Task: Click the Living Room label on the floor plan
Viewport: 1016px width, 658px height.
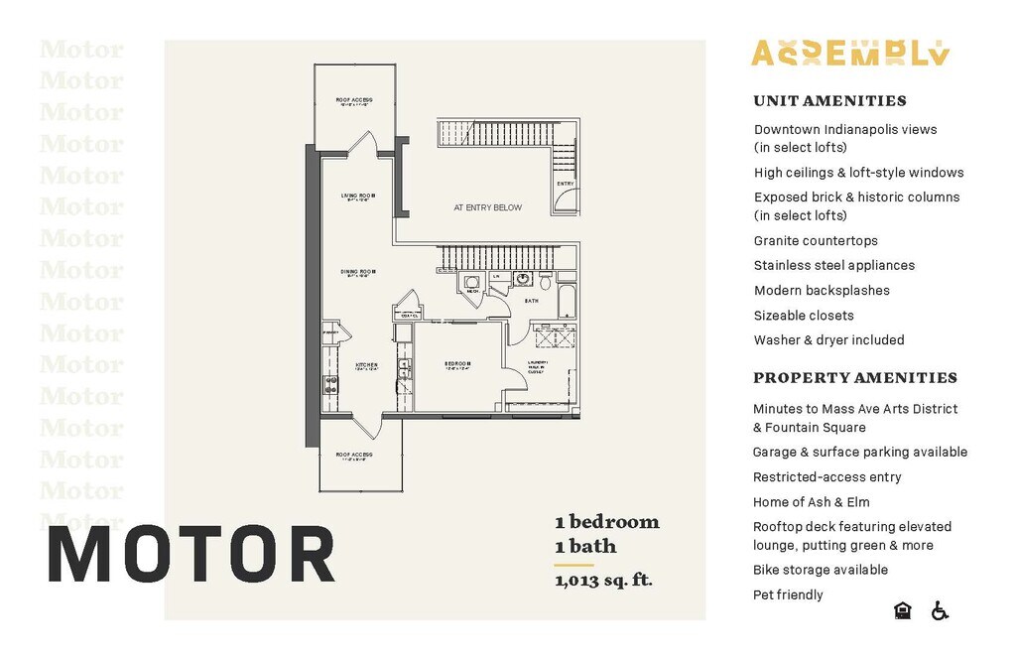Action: pos(358,197)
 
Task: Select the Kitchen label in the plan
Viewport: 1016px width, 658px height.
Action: pos(366,365)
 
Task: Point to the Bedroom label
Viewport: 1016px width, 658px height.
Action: pos(457,364)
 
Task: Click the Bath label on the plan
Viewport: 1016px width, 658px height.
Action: pos(532,300)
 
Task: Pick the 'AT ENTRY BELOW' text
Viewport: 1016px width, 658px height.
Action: pos(487,208)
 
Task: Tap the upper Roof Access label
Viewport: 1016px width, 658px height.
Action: pos(353,100)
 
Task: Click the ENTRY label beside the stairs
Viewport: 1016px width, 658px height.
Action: pos(565,184)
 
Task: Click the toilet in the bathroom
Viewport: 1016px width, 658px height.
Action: pos(544,283)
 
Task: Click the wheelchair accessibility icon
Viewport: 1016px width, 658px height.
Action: pos(940,610)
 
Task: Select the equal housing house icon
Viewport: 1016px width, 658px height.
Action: pos(903,610)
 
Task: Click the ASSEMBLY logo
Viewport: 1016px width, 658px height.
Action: pos(850,54)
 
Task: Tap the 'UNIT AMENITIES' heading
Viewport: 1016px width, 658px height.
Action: pos(829,100)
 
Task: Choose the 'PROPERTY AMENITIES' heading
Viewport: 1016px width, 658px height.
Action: pos(854,377)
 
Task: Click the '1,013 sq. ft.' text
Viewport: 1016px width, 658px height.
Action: pos(603,580)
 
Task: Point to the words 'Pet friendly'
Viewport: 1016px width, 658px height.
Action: pos(788,594)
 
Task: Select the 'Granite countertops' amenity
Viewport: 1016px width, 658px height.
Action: pos(816,240)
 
